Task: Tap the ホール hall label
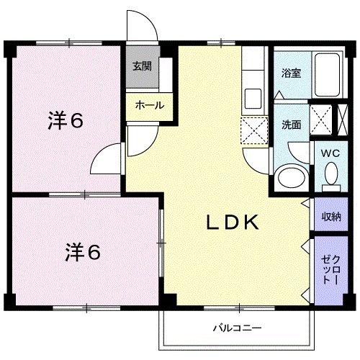149,105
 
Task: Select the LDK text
232,223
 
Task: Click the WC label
329,153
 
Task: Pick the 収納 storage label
330,217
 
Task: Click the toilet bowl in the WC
330,174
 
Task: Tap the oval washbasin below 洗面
290,177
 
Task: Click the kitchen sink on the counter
254,96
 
